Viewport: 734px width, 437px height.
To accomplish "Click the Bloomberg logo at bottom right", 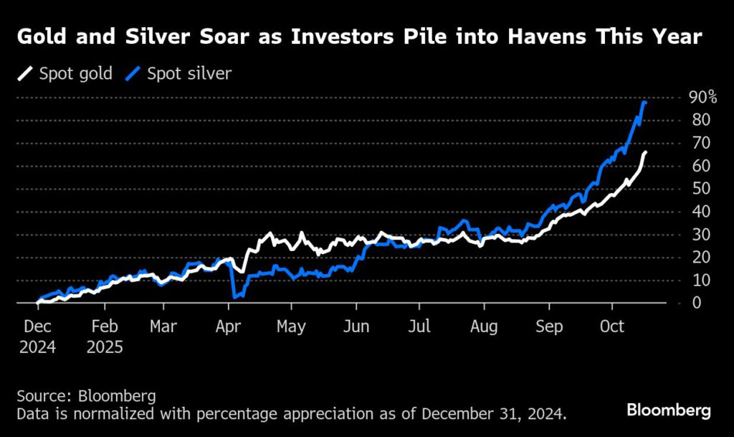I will click(669, 410).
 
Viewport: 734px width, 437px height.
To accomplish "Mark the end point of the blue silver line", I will click(645, 103).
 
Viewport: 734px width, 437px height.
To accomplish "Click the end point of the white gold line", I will click(645, 152).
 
